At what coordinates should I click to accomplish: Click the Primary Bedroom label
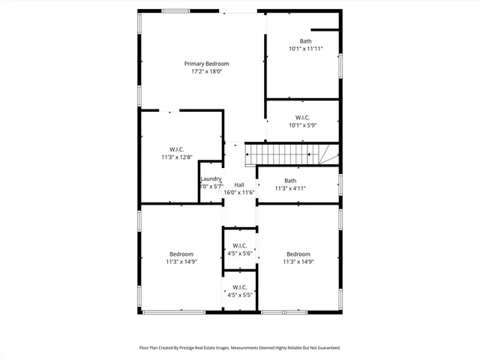(x=207, y=64)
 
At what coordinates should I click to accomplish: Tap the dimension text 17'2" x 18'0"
(x=207, y=72)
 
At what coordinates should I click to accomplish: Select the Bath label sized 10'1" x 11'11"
(x=305, y=41)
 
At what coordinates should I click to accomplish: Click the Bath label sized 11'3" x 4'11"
(x=289, y=181)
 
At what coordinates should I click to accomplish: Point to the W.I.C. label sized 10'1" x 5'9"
(x=302, y=117)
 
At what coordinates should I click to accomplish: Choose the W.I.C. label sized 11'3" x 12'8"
(x=177, y=149)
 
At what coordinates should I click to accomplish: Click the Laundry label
(x=211, y=178)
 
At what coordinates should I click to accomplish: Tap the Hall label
(x=239, y=184)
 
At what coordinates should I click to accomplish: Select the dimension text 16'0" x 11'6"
(x=239, y=193)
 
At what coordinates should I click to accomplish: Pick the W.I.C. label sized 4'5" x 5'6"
(x=240, y=245)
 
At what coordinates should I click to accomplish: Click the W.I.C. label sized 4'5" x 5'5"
(x=240, y=287)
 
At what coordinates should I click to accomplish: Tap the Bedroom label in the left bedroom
(x=181, y=253)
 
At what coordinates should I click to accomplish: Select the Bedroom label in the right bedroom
(x=298, y=253)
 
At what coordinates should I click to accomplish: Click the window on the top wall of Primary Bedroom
(x=175, y=10)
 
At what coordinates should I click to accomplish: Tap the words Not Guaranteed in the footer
(x=322, y=348)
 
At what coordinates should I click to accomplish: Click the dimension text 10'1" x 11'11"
(x=305, y=49)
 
